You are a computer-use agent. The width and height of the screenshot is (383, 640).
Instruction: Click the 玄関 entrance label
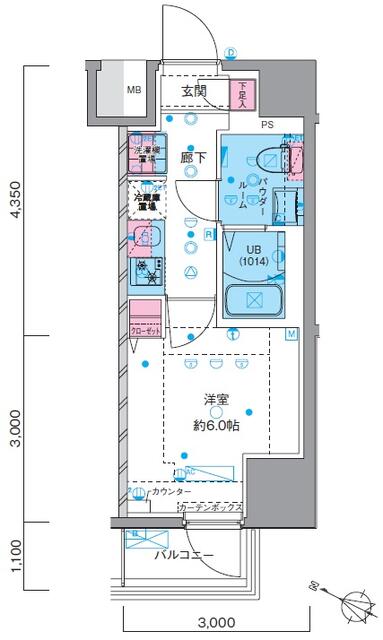click(x=194, y=91)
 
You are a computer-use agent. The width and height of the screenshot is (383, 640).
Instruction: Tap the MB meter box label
click(x=133, y=90)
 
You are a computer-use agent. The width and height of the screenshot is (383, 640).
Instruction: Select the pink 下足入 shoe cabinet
click(x=246, y=94)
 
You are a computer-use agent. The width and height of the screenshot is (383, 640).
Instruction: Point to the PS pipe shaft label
click(x=268, y=126)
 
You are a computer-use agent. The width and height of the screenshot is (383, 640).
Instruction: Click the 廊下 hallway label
click(x=192, y=158)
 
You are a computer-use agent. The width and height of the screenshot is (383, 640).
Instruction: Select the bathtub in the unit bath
click(x=255, y=300)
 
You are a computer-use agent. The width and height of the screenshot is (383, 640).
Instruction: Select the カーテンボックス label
click(x=209, y=510)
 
